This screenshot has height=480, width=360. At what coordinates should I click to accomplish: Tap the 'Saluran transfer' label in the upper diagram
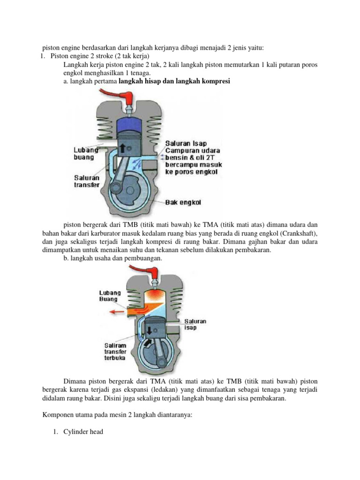(88, 181)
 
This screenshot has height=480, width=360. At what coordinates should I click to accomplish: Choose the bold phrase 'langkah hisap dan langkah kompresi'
(174, 82)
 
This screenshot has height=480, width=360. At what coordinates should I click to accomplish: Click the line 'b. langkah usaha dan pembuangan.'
(113, 258)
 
